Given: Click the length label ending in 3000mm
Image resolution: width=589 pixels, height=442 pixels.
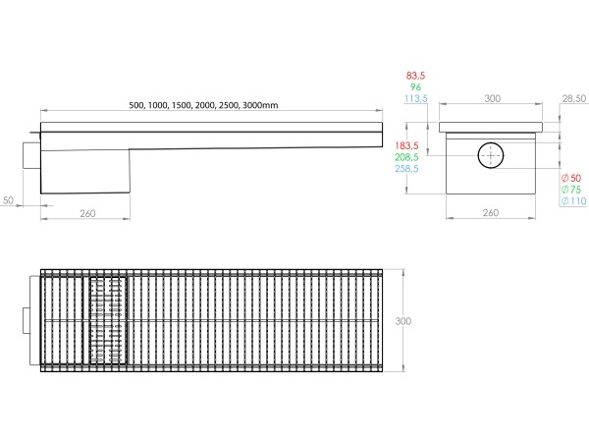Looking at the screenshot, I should [204, 105].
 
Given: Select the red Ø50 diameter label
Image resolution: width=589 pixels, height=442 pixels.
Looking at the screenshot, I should [569, 177].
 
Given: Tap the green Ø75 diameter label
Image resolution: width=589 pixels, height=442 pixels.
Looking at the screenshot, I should [569, 189].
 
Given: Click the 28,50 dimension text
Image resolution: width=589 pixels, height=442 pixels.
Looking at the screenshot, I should [574, 99].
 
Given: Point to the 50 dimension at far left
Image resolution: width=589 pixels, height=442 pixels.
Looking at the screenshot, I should [8, 200].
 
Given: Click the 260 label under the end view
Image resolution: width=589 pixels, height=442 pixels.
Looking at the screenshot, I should [491, 213].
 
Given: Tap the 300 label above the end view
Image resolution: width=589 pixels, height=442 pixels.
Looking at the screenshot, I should [491, 99].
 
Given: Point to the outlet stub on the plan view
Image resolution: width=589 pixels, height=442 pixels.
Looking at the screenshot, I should [28, 321].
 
